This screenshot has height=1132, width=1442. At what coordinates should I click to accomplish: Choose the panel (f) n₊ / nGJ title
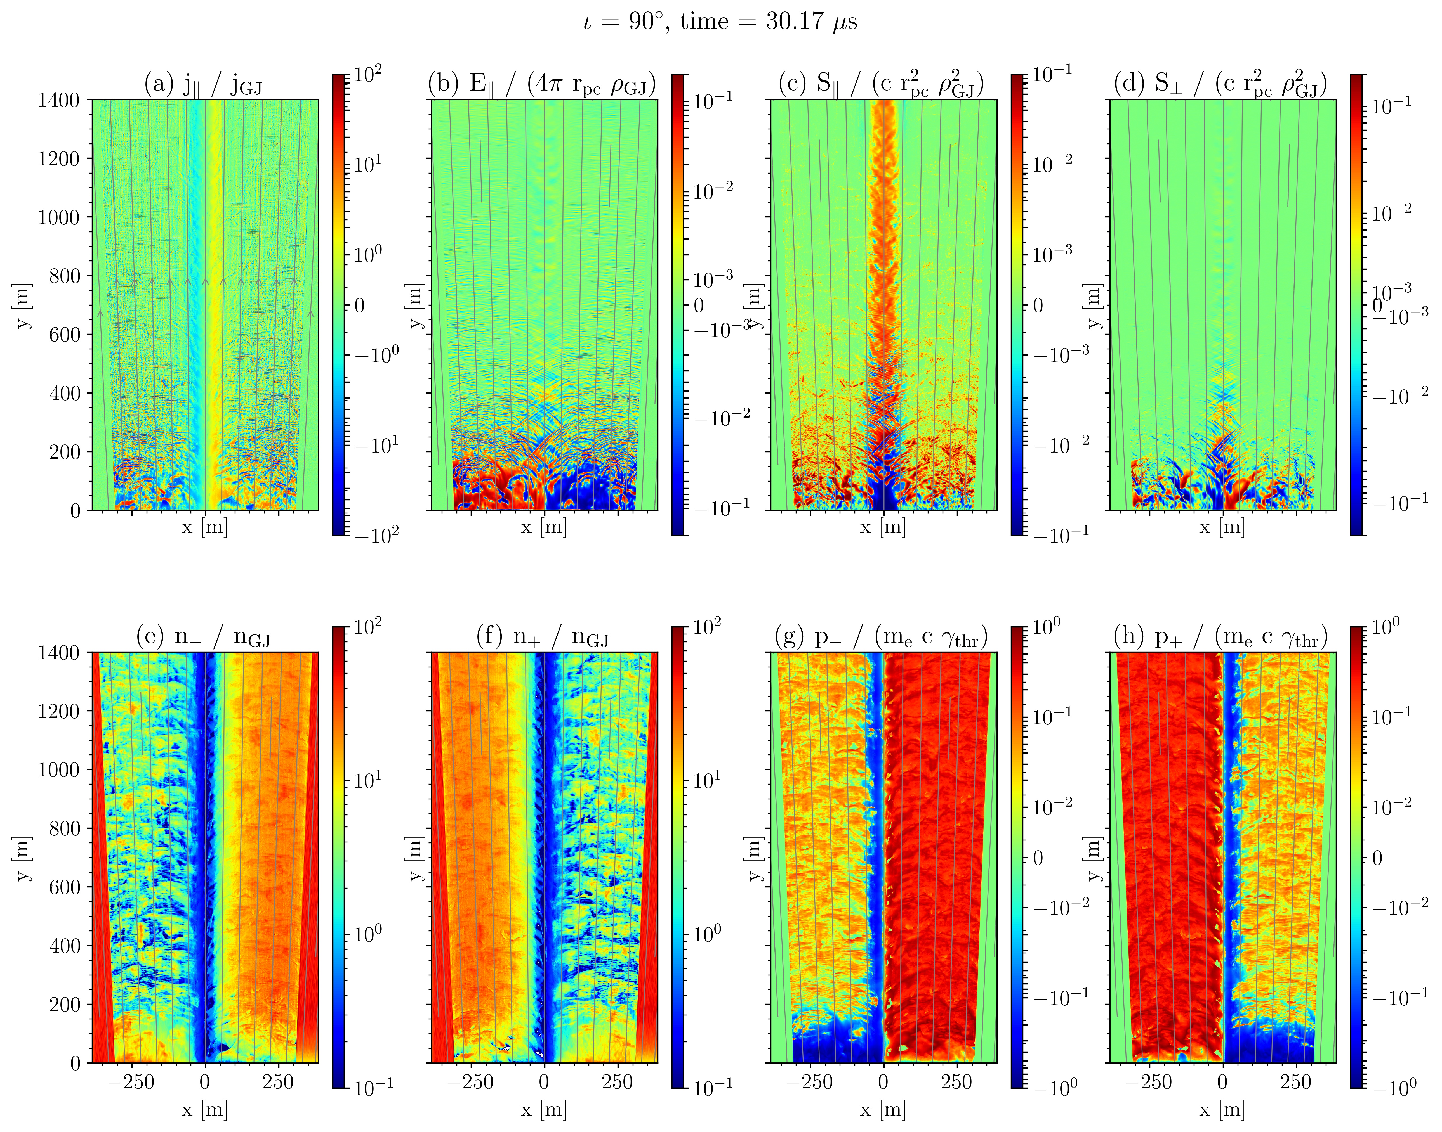[542, 638]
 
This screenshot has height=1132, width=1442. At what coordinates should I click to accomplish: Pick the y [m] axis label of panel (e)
[22, 858]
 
